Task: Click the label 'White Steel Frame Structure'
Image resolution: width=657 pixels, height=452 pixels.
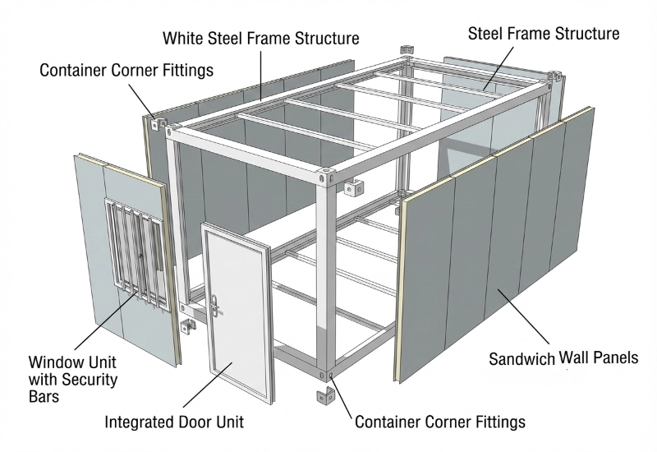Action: (261, 39)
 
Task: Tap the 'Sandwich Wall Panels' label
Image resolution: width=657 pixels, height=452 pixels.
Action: (563, 358)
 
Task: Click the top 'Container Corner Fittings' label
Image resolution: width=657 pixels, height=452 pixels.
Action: (126, 70)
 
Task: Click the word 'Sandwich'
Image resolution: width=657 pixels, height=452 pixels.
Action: (521, 359)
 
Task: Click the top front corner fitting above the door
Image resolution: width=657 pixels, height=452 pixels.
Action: (327, 174)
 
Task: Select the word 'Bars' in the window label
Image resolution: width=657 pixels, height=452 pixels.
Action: (44, 397)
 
